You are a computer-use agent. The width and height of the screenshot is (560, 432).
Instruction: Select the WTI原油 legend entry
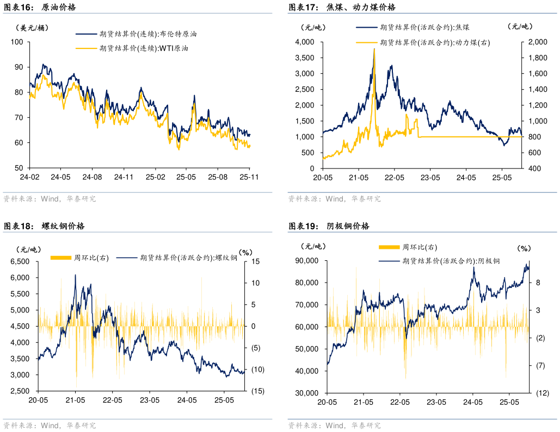click(144, 48)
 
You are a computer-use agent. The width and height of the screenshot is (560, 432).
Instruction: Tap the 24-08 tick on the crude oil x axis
click(92, 177)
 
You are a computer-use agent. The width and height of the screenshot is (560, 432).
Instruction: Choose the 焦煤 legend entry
click(424, 27)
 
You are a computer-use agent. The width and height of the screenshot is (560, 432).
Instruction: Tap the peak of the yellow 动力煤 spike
click(374, 49)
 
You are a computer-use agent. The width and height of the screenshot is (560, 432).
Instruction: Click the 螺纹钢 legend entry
click(188, 258)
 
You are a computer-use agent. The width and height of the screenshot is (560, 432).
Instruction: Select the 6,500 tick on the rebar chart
click(20, 262)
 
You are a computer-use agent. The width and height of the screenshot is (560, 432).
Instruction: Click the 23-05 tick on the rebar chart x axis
click(149, 400)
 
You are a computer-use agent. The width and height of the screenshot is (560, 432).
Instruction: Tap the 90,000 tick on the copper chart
click(307, 261)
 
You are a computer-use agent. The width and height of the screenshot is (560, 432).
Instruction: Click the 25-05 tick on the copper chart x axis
click(509, 402)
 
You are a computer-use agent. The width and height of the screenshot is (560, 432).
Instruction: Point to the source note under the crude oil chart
click(50, 199)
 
